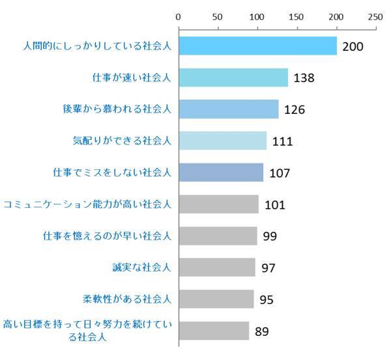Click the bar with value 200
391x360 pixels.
point(257,46)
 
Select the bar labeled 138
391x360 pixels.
point(233,77)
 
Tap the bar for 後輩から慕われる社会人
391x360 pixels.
point(228,109)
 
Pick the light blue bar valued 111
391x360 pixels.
point(222,141)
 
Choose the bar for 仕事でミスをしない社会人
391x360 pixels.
point(221,173)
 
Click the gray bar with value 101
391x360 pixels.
point(218,204)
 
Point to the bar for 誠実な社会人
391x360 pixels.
point(216,268)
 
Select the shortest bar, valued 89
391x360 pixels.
point(214,331)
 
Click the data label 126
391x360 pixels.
point(295,109)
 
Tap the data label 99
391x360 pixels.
point(270,236)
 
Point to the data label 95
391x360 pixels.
point(266,299)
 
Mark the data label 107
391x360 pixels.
point(279,173)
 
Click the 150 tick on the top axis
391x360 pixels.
point(297,16)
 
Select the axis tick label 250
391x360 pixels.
point(375,16)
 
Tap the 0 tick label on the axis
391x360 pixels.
point(178,16)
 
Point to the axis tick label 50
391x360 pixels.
point(218,16)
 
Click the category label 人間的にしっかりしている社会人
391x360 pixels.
point(96,46)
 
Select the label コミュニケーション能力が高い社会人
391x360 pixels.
point(87,204)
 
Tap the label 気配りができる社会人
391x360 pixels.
point(122,141)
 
